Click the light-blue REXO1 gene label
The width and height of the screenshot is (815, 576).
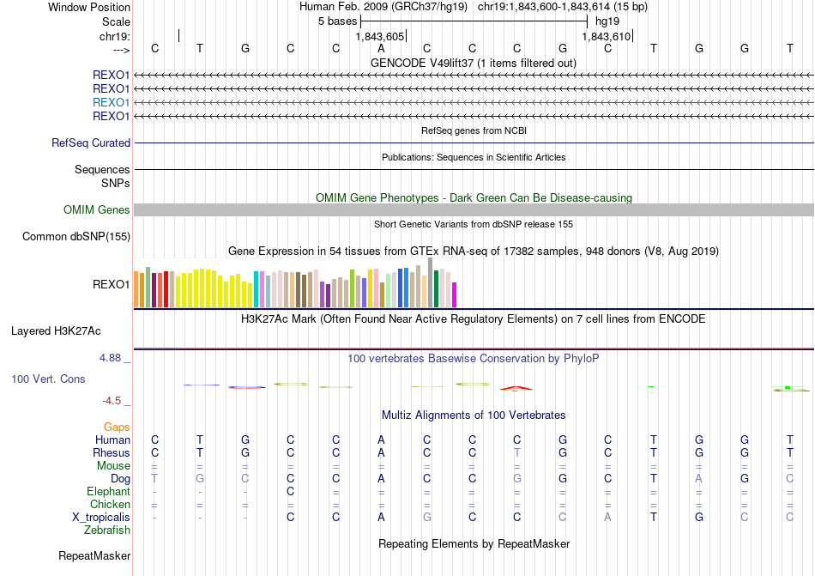pos(111,102)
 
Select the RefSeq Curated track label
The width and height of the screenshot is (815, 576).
pos(91,143)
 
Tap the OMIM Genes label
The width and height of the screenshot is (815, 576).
pos(97,210)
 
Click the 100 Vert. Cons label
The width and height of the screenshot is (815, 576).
pos(49,379)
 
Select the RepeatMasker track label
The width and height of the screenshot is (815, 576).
pos(94,556)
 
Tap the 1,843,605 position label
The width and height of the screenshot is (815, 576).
pos(379,37)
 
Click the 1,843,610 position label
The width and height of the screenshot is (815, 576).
pos(606,37)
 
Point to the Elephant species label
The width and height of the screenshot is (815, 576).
pos(108,492)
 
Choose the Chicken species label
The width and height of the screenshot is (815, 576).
pos(110,505)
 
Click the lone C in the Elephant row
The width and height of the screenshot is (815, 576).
pos(291,492)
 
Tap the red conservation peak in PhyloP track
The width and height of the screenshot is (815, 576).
pos(516,387)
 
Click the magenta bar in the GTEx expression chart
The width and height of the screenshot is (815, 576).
pos(455,294)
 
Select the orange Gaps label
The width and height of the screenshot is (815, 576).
pos(117,427)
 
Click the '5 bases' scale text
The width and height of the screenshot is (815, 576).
pos(337,21)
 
